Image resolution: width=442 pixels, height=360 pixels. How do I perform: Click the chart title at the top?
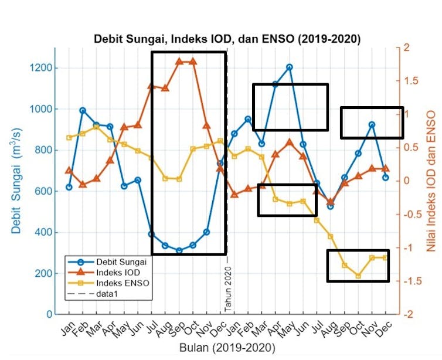click(227, 39)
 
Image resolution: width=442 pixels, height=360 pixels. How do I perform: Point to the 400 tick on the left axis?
click(46, 232)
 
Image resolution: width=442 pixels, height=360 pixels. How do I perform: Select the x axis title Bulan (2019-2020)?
click(227, 347)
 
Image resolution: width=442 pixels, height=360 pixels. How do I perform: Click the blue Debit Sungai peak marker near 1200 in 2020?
click(290, 67)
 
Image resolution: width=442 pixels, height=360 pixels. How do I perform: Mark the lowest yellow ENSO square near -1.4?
click(358, 276)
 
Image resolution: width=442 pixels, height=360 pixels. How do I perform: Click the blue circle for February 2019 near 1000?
click(83, 110)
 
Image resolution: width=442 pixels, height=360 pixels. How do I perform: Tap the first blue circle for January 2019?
click(69, 187)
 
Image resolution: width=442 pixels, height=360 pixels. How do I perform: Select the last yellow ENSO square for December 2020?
click(386, 257)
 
